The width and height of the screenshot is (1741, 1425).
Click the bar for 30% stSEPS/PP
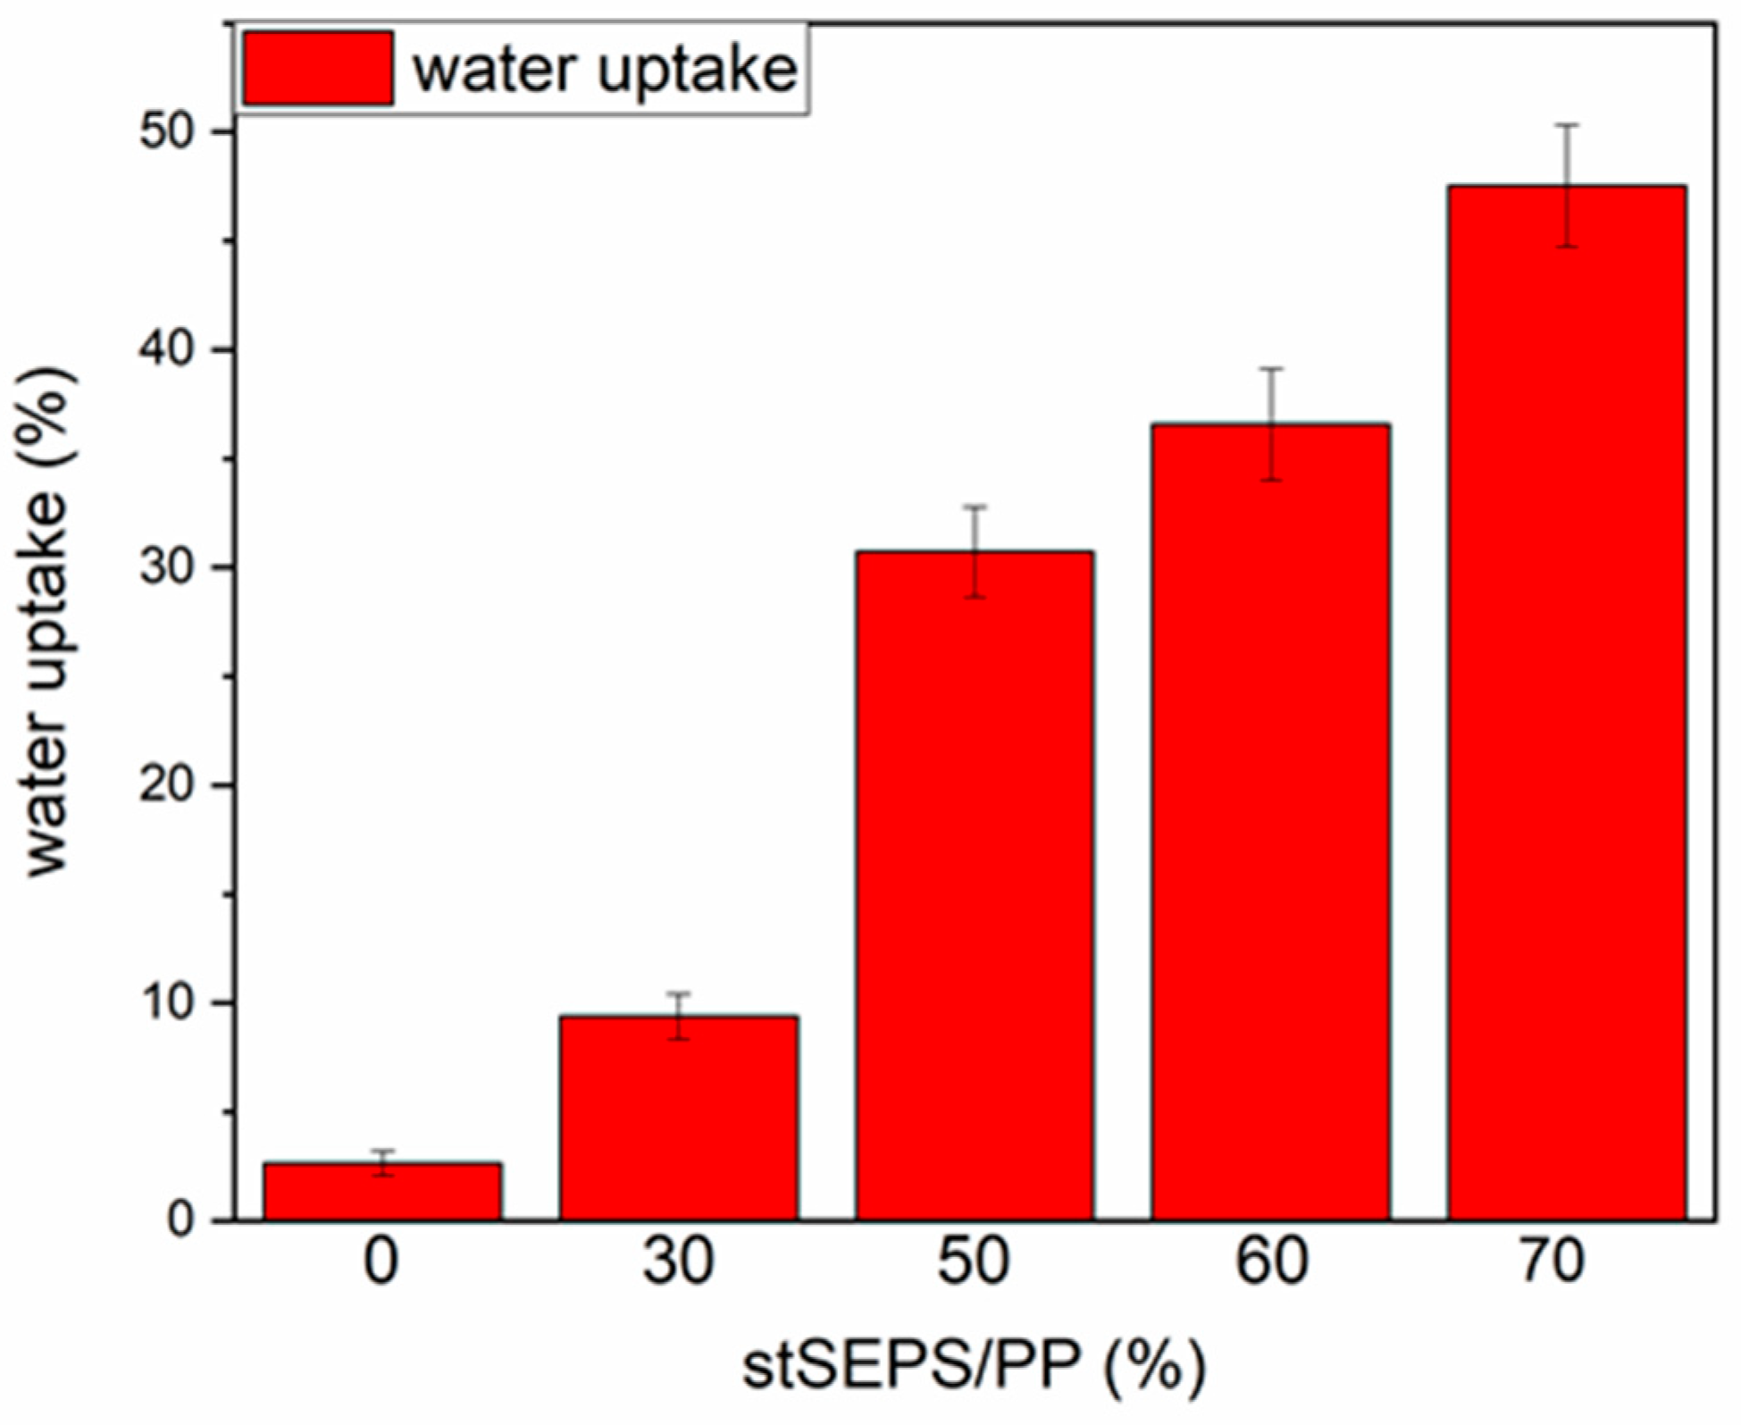point(679,1118)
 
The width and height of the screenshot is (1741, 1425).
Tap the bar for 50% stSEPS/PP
point(975,885)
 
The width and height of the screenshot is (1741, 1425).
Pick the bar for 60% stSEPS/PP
point(1270,822)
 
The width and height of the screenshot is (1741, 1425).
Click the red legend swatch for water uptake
point(318,69)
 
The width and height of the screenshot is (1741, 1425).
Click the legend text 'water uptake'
point(605,71)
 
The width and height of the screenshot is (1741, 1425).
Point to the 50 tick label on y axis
point(168,132)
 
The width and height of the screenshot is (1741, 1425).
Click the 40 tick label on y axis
point(168,350)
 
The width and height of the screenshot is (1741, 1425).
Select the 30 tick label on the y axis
point(168,568)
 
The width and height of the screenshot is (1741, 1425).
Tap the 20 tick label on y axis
point(168,785)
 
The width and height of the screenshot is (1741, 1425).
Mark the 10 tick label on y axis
point(168,1003)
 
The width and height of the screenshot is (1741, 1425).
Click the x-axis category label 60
point(1270,1262)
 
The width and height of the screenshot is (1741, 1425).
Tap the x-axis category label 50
point(975,1262)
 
